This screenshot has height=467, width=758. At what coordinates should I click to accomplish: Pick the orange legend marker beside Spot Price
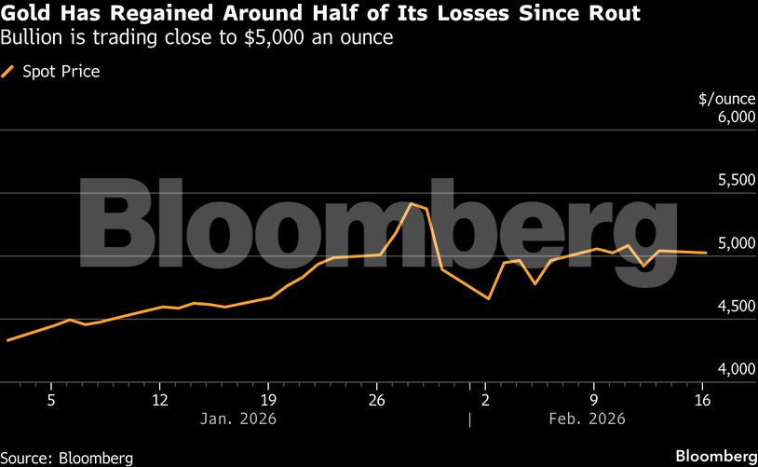pos(9,71)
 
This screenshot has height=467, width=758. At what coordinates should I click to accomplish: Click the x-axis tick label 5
pos(51,400)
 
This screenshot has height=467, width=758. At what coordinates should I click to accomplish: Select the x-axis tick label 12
pos(160,400)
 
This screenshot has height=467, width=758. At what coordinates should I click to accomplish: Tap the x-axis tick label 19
pos(268,400)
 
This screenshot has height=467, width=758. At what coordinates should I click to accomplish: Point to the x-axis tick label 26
pos(377,400)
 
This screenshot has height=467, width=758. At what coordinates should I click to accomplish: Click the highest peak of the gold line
pos(411,203)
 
